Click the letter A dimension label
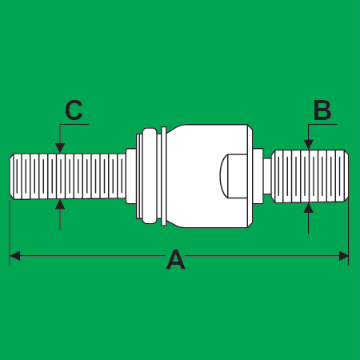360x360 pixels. pos(176,259)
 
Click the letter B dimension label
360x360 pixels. pos(322,110)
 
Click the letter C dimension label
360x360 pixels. pos(74,110)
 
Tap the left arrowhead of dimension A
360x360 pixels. pos(15,256)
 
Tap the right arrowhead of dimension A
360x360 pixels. pos(343,256)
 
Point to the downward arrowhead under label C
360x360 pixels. pos(60,148)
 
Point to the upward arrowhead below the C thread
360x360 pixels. pos(60,205)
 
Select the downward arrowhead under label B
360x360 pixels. pos(309,145)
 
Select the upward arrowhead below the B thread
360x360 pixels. pos(309,208)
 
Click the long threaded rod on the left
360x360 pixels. pos(68,176)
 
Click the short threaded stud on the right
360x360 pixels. pos(310,176)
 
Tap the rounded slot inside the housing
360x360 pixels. pos(234,176)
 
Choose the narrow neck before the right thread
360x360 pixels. pos(267,176)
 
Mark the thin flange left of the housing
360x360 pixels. pos(164,176)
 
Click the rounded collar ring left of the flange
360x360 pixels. pos(150,176)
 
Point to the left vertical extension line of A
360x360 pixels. pos(10,233)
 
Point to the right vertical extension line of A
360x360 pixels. pos(349,231)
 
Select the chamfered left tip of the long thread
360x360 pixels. pos(12,176)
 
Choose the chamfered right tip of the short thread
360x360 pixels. pos(346,176)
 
